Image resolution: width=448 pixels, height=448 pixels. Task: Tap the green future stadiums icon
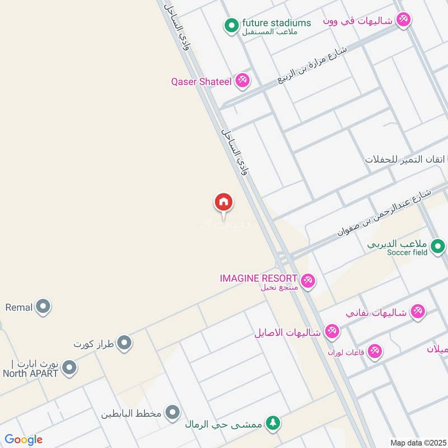[231, 25]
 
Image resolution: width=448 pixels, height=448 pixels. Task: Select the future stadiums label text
[276, 23]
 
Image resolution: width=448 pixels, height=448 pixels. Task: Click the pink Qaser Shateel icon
[242, 81]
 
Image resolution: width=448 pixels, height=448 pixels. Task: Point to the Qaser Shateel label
[201, 82]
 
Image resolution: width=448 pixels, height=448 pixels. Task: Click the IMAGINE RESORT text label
[258, 278]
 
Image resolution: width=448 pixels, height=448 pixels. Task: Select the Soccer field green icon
[438, 245]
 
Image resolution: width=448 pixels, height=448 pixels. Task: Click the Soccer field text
[407, 253]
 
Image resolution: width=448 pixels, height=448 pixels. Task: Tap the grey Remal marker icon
[43, 306]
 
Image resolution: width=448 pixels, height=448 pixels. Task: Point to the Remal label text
[18, 307]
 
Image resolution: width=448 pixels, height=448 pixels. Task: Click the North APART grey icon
[69, 368]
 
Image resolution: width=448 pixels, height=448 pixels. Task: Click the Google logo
[24, 440]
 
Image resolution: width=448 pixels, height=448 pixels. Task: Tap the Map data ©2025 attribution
[417, 442]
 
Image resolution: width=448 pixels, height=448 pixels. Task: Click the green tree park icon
[273, 423]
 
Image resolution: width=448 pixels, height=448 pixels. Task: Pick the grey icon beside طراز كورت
[124, 342]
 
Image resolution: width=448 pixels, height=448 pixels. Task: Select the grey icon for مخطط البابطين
[173, 413]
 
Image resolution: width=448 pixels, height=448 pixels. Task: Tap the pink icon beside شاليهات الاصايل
[332, 332]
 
